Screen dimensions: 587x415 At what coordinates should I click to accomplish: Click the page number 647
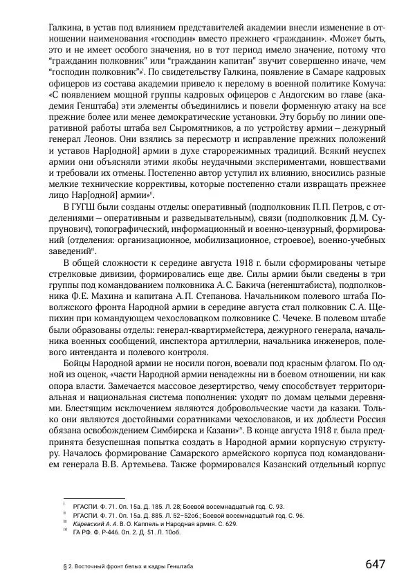click(x=375, y=563)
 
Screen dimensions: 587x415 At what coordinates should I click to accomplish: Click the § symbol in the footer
click(x=64, y=567)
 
